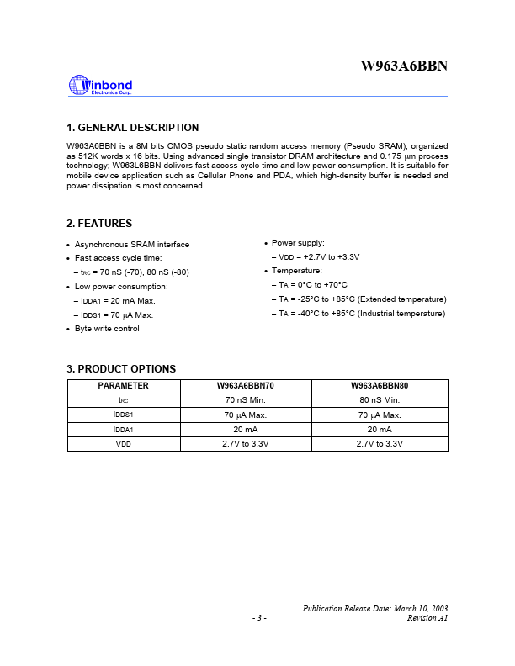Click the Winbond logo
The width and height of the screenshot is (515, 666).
point(99,85)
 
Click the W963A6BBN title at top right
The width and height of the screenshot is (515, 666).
point(404,66)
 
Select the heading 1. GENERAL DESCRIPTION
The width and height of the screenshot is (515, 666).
point(132,128)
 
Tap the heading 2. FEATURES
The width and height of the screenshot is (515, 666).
point(98,224)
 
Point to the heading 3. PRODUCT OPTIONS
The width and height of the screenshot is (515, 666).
point(120,369)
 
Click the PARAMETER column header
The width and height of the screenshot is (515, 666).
point(123,386)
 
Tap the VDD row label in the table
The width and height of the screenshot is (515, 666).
point(123,443)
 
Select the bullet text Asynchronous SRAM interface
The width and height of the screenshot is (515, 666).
point(132,245)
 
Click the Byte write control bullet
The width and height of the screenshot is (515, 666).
point(107,329)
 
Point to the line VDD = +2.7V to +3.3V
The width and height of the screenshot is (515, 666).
point(318,257)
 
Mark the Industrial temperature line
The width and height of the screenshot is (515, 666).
point(361,314)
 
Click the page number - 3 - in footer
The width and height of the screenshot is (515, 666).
point(259,618)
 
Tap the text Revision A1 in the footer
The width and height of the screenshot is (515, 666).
point(427,618)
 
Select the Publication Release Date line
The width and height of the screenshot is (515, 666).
point(374,608)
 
